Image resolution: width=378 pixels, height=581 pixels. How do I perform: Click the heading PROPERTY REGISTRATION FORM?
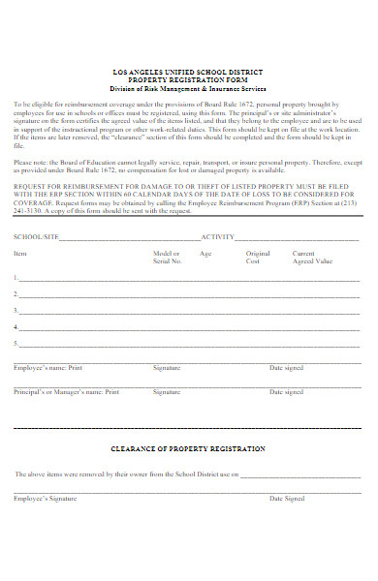coord(188,80)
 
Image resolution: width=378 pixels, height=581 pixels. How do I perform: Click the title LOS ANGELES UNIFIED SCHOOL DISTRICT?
coord(188,73)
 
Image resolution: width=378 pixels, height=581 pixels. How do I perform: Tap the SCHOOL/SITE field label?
coord(34,236)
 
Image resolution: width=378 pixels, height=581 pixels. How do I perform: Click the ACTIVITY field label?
coord(218,236)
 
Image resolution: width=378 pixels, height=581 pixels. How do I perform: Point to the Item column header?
coord(20,254)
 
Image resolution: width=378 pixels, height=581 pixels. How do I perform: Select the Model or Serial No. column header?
coord(167,258)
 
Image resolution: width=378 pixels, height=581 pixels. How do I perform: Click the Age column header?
coord(205,254)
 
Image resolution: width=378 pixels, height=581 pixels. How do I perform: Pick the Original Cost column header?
coord(258,258)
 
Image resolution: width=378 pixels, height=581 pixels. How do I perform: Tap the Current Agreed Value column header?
coord(312,258)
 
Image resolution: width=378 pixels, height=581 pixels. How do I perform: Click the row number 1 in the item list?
coord(16,278)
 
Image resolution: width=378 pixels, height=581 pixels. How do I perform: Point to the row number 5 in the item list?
coord(16,343)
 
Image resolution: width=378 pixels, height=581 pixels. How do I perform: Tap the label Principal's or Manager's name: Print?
coord(66,392)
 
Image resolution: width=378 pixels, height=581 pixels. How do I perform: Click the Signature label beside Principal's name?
coord(167,392)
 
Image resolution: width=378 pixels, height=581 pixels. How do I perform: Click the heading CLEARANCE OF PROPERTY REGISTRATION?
coord(188,449)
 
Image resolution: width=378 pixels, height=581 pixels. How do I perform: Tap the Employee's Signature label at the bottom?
coord(45,498)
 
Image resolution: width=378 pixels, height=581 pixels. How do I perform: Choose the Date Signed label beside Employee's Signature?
coord(287,498)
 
